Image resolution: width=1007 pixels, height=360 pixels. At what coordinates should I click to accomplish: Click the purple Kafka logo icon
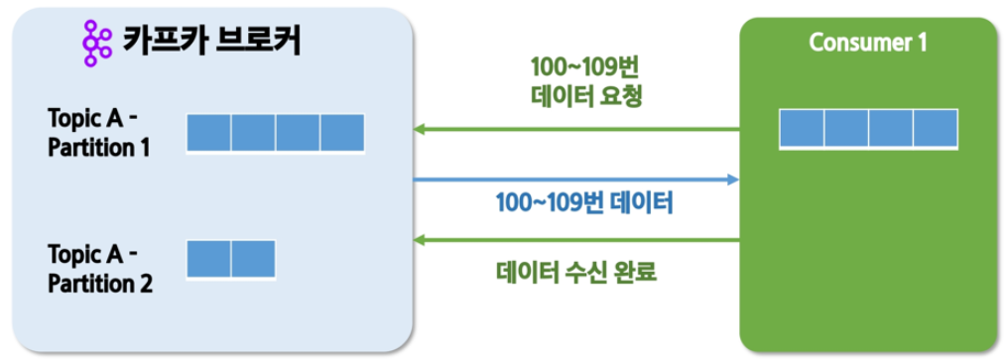pyautogui.click(x=97, y=43)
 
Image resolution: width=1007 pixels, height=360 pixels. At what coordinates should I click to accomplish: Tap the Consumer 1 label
pyautogui.click(x=868, y=43)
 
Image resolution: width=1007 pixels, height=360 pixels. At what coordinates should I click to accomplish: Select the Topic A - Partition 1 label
pyautogui.click(x=98, y=133)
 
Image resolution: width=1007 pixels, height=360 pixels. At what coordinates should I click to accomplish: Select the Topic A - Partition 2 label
pyautogui.click(x=99, y=268)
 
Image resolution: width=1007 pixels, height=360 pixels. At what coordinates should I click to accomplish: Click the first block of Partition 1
pyautogui.click(x=208, y=133)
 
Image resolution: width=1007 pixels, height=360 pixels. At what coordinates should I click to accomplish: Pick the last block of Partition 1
pyautogui.click(x=342, y=133)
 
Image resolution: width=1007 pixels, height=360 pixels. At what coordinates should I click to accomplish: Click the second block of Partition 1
pyautogui.click(x=253, y=133)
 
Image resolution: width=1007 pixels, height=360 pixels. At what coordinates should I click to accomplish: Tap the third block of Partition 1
pyautogui.click(x=298, y=133)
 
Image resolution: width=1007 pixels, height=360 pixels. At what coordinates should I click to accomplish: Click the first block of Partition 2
pyautogui.click(x=208, y=259)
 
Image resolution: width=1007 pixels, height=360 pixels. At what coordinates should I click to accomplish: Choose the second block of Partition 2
pyautogui.click(x=253, y=259)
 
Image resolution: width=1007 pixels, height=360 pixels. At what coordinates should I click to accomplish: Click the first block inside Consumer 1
pyautogui.click(x=802, y=128)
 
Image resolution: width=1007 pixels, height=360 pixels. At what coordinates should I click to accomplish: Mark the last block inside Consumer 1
pyautogui.click(x=936, y=128)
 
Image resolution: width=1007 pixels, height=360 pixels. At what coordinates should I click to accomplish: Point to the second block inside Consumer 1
pyautogui.click(x=846, y=128)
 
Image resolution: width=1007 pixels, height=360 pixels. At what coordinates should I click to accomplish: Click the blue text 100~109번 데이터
pyautogui.click(x=583, y=204)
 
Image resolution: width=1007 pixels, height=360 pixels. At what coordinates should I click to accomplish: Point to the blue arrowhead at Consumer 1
pyautogui.click(x=733, y=180)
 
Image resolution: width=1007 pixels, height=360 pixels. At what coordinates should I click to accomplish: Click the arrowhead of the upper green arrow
pyautogui.click(x=420, y=130)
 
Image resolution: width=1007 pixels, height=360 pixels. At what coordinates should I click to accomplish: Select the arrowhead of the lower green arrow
pyautogui.click(x=420, y=241)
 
